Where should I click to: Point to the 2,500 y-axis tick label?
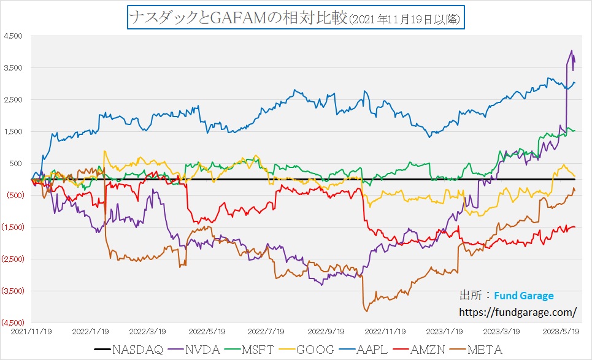click(14, 99)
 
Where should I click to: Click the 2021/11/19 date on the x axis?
click(31, 331)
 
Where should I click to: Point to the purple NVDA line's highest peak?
click(572, 50)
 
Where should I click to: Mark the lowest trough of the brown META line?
click(366, 311)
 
